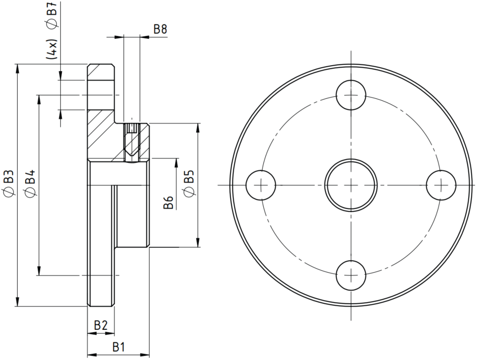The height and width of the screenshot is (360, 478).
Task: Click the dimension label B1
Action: (x=119, y=347)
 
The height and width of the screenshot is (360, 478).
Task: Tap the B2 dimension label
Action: (x=101, y=325)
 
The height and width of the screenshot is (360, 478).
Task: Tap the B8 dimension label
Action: (x=160, y=29)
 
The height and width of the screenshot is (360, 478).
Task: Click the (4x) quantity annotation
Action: (x=52, y=49)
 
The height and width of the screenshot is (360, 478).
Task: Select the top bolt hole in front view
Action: (x=351, y=95)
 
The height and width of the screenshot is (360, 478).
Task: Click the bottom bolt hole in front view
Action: (x=351, y=275)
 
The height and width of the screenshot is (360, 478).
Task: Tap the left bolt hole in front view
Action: (x=261, y=185)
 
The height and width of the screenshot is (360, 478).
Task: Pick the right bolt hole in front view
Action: (x=441, y=185)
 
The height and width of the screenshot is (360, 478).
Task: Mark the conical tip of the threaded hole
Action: (x=132, y=153)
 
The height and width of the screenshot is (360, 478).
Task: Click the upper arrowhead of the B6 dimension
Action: (x=176, y=163)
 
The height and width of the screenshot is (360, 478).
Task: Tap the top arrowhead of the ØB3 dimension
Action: (x=18, y=69)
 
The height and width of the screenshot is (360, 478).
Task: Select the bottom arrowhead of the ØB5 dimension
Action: (x=198, y=241)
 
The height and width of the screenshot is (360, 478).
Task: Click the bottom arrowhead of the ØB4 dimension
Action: (x=39, y=270)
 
